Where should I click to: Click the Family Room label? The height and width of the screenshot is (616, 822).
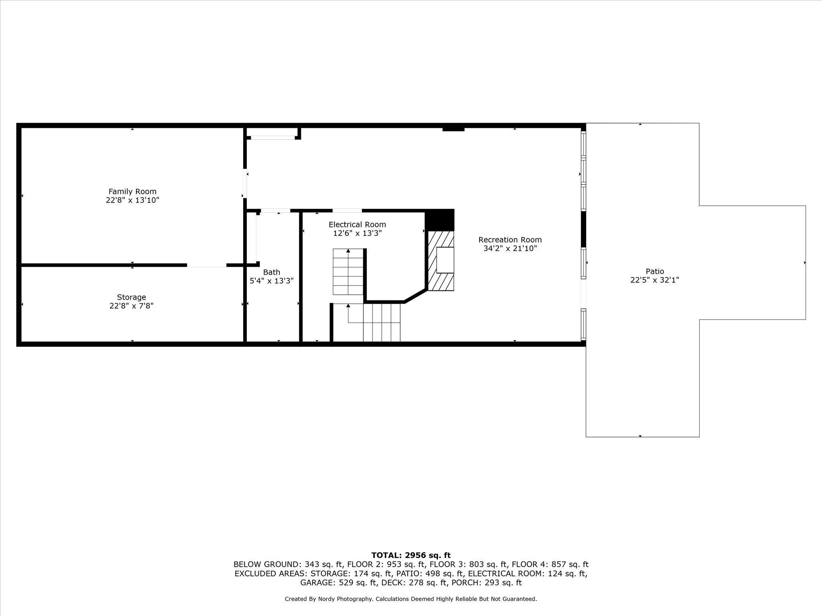pos(132,192)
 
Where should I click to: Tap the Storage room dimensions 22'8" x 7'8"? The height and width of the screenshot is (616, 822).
pos(131,306)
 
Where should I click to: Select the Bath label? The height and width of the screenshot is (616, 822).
pos(272,272)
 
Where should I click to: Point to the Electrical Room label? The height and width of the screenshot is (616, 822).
pos(357,225)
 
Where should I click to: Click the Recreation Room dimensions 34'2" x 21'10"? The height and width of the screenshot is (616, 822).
pos(510,249)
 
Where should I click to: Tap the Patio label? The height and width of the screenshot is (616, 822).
pos(655,272)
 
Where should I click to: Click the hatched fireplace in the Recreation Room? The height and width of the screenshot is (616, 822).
pos(441,261)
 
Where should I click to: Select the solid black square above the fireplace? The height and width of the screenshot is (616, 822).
pos(439,220)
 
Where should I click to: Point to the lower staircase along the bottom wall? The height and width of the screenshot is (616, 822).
pos(381,322)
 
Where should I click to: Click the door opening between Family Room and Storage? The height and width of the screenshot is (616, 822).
pos(207,265)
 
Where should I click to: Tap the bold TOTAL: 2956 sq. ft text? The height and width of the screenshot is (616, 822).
pos(411,555)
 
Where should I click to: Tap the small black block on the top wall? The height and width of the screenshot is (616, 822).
pos(453,129)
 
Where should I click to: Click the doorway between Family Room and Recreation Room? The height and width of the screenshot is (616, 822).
pos(245,184)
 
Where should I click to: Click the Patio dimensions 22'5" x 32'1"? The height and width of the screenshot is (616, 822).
pos(655,280)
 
